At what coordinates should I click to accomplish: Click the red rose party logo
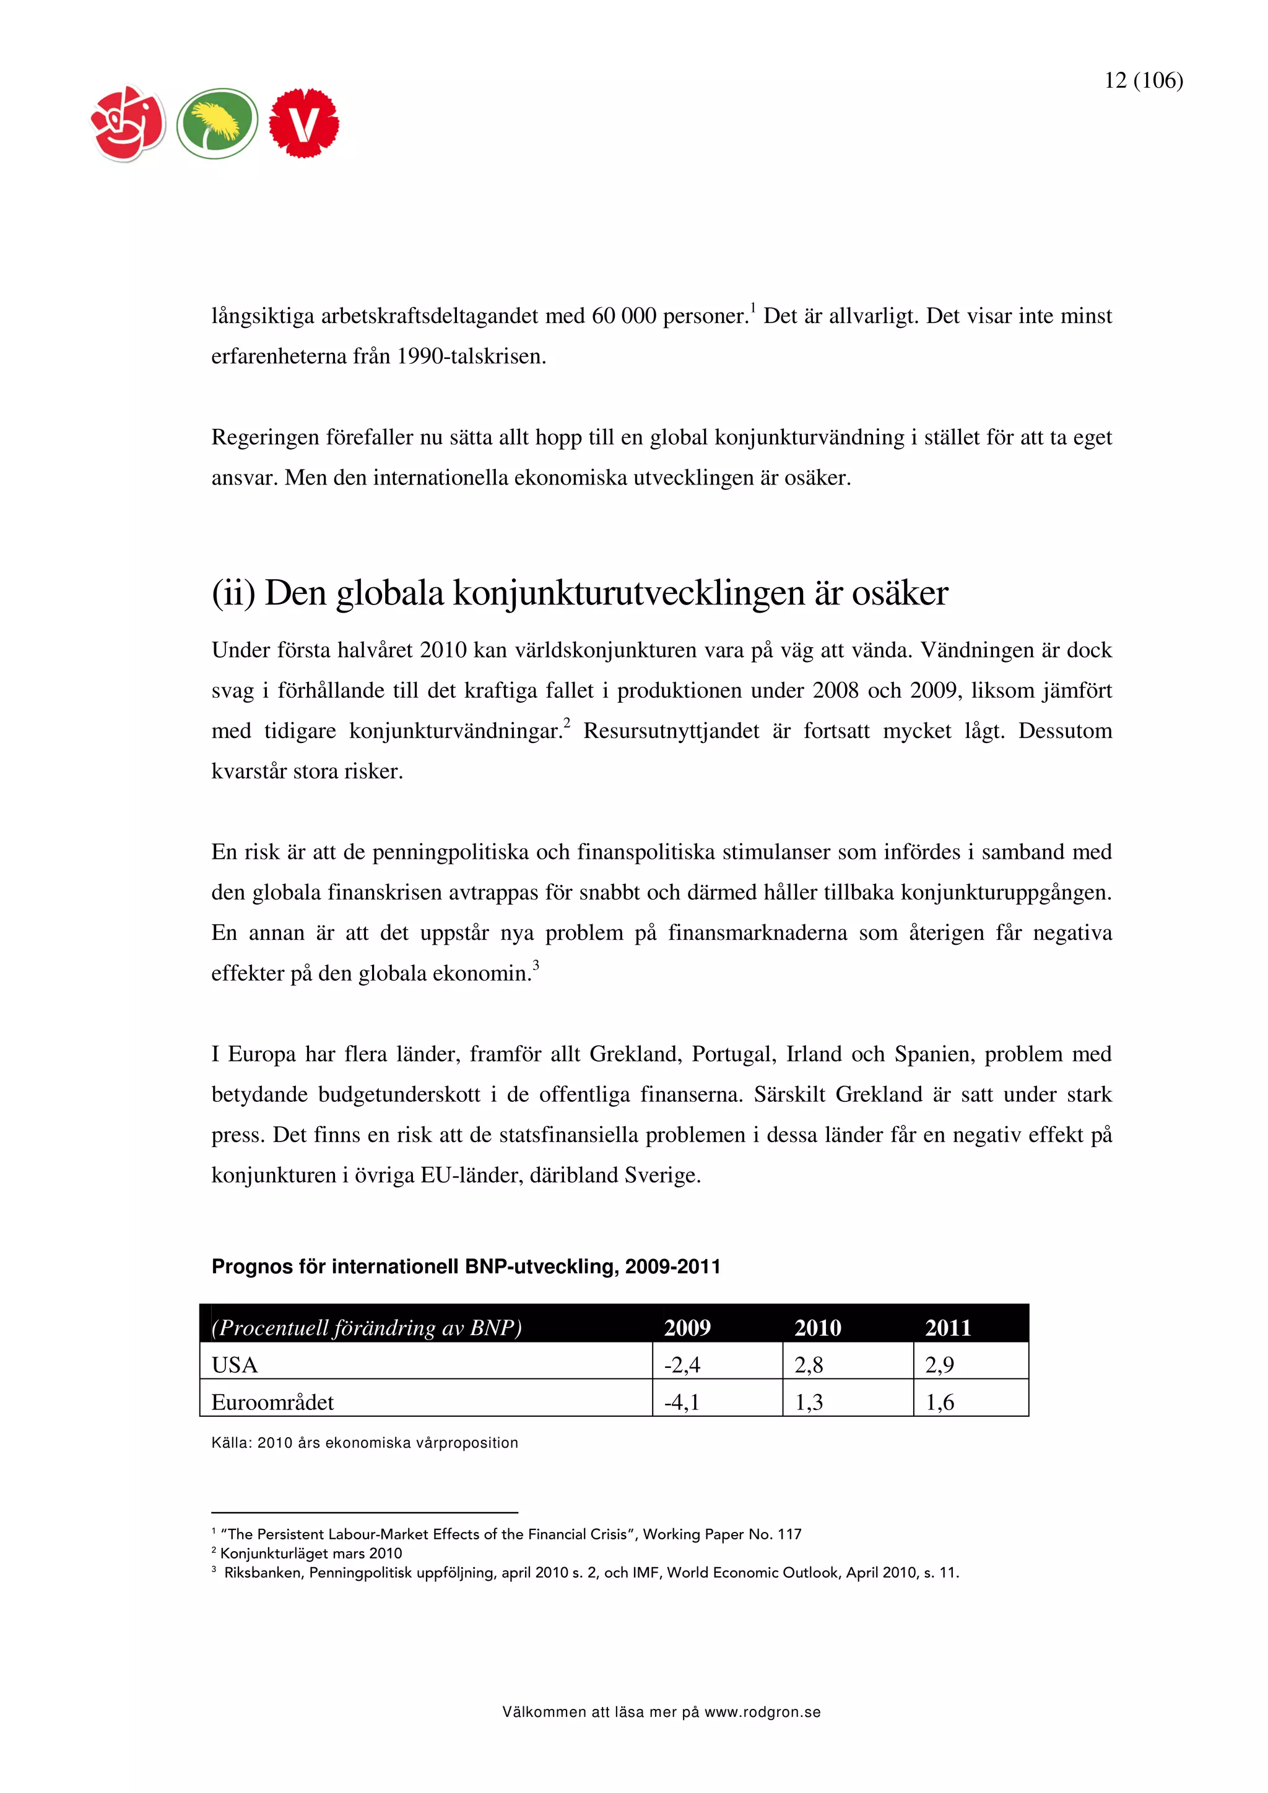(129, 123)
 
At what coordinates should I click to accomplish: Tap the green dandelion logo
(217, 123)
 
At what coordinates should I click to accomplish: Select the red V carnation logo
(304, 123)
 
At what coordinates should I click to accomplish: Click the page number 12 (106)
(1143, 80)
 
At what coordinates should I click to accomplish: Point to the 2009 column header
(687, 1328)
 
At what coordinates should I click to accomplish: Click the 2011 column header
(948, 1328)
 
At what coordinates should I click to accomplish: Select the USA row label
(235, 1365)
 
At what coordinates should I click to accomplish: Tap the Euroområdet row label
(272, 1403)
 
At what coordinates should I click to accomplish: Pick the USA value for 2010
(809, 1365)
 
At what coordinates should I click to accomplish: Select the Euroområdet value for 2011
(940, 1403)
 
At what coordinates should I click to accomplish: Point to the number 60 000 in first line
(623, 316)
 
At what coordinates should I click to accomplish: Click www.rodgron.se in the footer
(763, 1713)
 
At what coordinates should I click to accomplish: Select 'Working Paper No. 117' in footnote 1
(722, 1534)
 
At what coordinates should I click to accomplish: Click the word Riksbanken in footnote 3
(263, 1573)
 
